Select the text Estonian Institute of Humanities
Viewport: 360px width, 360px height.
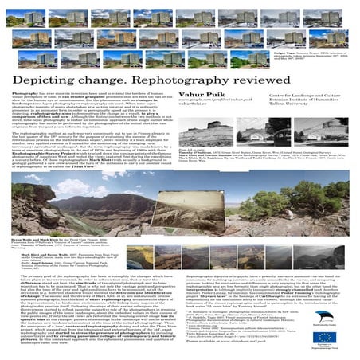302,87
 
